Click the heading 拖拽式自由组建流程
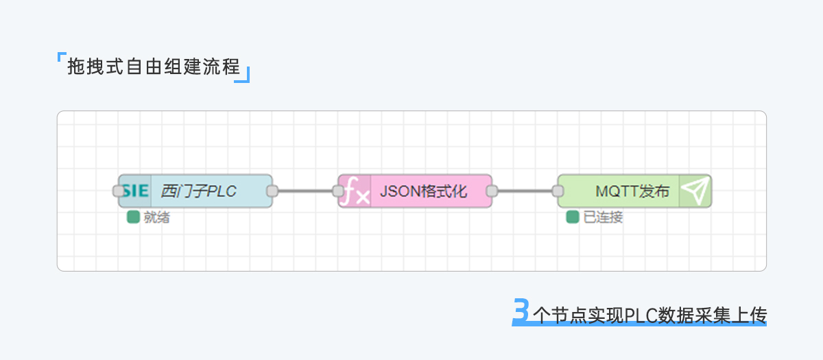154,67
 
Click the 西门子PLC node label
198,191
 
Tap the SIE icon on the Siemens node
136,191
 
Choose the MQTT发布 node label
623,191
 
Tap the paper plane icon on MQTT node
695,191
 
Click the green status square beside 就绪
133,217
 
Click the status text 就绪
156,218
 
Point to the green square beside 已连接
572,217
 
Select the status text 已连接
603,218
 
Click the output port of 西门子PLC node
272,191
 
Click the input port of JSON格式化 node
338,191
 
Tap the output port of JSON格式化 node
492,191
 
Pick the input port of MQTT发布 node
558,191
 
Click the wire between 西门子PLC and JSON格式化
305,191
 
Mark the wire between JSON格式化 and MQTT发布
525,191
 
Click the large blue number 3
521,311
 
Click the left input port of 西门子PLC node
119,191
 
